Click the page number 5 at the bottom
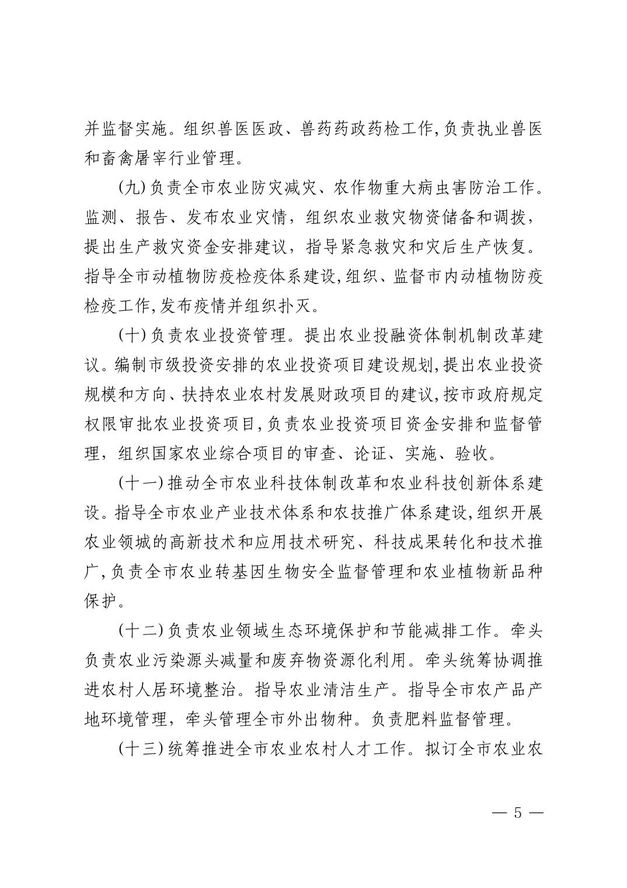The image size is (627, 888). click(517, 813)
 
